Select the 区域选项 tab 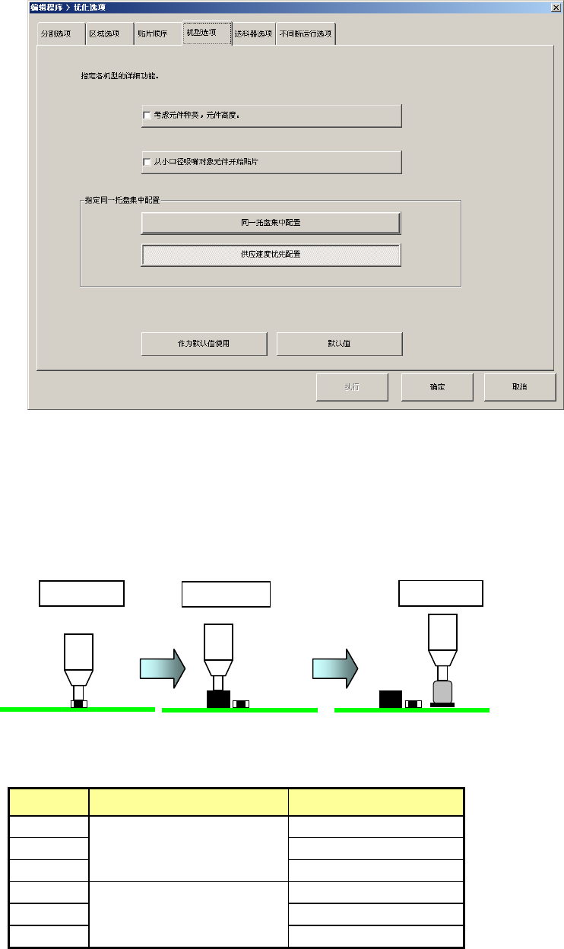(x=105, y=34)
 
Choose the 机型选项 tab (x=207, y=33)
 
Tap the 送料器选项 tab (x=252, y=34)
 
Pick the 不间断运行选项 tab (x=306, y=34)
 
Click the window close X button (x=555, y=7)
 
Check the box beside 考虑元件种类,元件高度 (x=147, y=116)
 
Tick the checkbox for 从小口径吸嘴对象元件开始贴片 (x=147, y=162)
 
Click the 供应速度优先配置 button (x=271, y=254)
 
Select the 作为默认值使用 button (x=204, y=344)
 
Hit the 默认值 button (x=339, y=344)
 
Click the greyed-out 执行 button (x=352, y=386)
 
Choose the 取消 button (x=520, y=386)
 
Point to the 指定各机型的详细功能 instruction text (x=125, y=76)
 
